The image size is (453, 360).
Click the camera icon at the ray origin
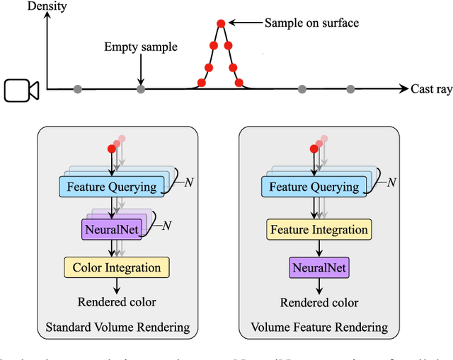coord(21,91)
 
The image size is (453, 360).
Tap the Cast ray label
coord(430,89)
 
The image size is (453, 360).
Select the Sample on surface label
coord(311,23)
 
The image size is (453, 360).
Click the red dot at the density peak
coord(221,24)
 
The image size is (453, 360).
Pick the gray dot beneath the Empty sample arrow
coord(141,89)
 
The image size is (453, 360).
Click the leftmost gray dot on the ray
coord(78,89)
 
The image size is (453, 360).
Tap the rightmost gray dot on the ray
coord(350,89)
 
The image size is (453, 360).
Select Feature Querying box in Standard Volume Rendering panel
coord(112,187)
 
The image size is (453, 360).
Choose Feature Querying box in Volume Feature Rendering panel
coord(314,187)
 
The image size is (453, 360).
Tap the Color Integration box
coord(117,267)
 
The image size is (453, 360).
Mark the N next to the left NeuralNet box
coord(167,226)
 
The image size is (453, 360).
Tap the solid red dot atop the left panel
coord(110,148)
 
